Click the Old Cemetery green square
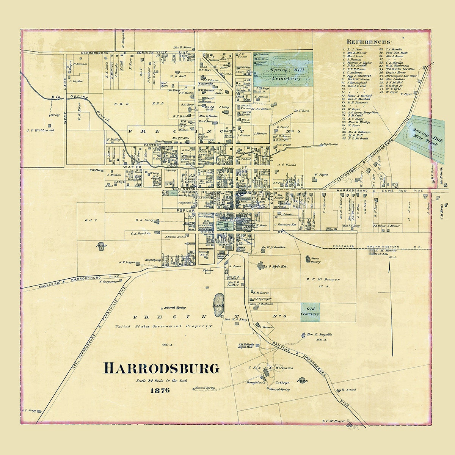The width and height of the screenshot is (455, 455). [310, 312]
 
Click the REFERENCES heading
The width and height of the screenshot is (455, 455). [370, 42]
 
